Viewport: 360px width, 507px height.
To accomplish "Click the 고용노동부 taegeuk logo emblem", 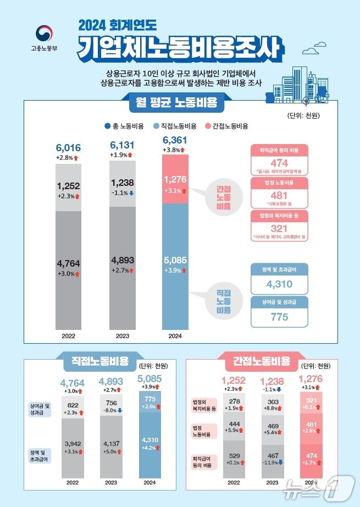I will [x=43, y=34].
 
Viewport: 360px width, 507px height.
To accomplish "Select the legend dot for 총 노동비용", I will [x=107, y=126].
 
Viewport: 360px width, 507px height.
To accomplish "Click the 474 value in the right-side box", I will [x=280, y=163].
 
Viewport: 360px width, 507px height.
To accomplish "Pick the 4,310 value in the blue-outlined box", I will [x=280, y=284].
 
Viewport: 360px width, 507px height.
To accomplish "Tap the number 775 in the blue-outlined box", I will [x=280, y=317].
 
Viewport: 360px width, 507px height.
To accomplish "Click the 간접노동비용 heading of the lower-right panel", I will [x=262, y=361].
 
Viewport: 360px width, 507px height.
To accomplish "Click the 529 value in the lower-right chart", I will [x=234, y=456].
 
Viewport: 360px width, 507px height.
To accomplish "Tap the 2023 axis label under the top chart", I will [x=123, y=335].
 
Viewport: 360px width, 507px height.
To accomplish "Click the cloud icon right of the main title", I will [x=311, y=51].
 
